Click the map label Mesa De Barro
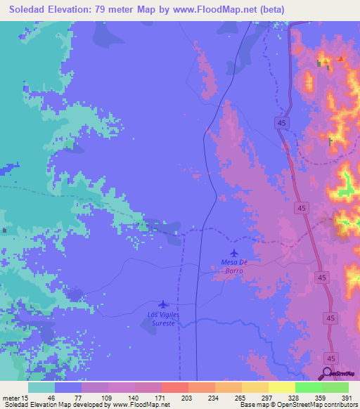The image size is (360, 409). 236,266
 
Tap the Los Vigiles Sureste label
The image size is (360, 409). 163,318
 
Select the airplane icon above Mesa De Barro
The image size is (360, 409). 234,252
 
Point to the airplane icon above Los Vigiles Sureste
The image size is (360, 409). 164,304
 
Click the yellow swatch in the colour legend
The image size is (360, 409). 282,387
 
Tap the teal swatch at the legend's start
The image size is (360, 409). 41,387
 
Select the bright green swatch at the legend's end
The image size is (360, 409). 335,387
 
